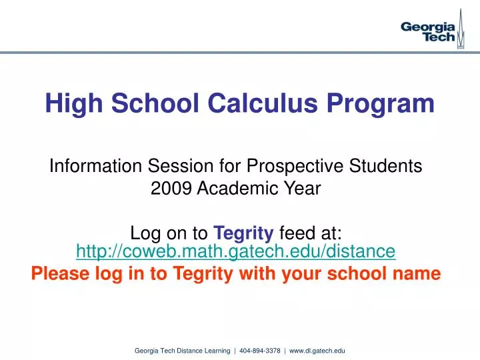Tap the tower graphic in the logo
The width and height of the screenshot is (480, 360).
(461, 27)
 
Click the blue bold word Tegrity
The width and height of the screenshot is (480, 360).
(243, 233)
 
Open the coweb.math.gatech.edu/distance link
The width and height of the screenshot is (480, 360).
(236, 251)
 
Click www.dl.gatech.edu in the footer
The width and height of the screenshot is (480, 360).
(317, 350)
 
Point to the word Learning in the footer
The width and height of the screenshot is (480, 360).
(219, 350)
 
